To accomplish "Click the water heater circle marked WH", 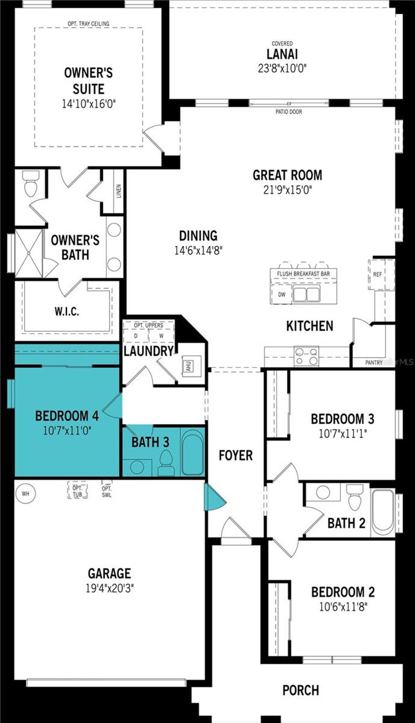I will click(x=25, y=494).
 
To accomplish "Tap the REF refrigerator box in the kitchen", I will click(x=378, y=274).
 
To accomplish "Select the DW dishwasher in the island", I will click(x=282, y=294).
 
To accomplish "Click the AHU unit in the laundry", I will click(x=188, y=365).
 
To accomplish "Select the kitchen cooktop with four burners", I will click(x=306, y=356).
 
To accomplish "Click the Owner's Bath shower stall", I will click(x=29, y=253).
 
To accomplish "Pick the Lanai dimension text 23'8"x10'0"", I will click(x=282, y=68).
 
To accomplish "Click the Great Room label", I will click(x=287, y=175).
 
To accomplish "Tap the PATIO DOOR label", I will click(x=289, y=112).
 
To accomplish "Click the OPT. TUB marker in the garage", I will click(x=77, y=491).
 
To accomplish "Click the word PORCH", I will click(x=300, y=690).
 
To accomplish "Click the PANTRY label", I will click(x=373, y=363).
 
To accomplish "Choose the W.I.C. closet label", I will click(x=67, y=311).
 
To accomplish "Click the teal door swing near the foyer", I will click(x=214, y=498).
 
